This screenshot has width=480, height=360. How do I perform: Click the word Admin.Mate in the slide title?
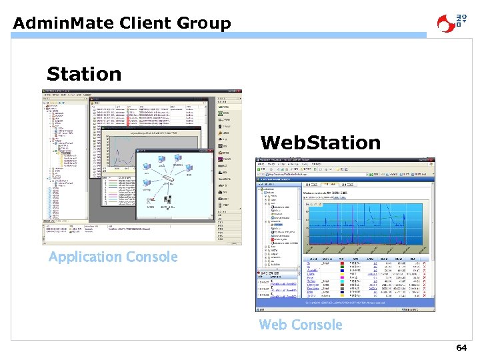point(64,23)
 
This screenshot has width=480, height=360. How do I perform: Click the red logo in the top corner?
point(451,22)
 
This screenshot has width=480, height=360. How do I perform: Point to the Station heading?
point(84,74)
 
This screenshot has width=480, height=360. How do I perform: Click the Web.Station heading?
point(320,143)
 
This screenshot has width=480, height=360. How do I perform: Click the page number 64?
point(461,348)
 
